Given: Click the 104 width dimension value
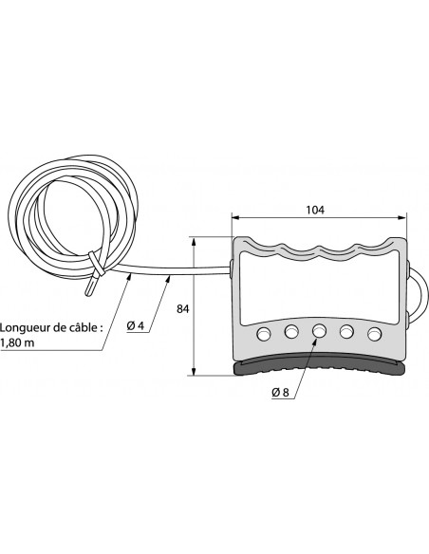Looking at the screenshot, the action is tap(315, 210).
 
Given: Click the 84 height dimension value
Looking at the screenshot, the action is tap(182, 309).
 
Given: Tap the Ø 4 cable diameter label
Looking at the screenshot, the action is tap(136, 325).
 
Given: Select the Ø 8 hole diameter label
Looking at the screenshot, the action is tap(280, 392).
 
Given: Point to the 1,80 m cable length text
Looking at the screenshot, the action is tap(17, 342).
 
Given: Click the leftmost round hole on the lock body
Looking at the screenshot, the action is tap(264, 334).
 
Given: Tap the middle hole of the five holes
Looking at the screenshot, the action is tap(319, 331).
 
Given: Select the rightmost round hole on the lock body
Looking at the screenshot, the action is tap(375, 334).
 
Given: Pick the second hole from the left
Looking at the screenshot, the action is tap(291, 332).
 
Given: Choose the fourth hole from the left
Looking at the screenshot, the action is tap(346, 332).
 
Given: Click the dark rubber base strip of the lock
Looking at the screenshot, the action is tap(319, 368).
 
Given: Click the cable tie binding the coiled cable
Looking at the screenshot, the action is tap(97, 264).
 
